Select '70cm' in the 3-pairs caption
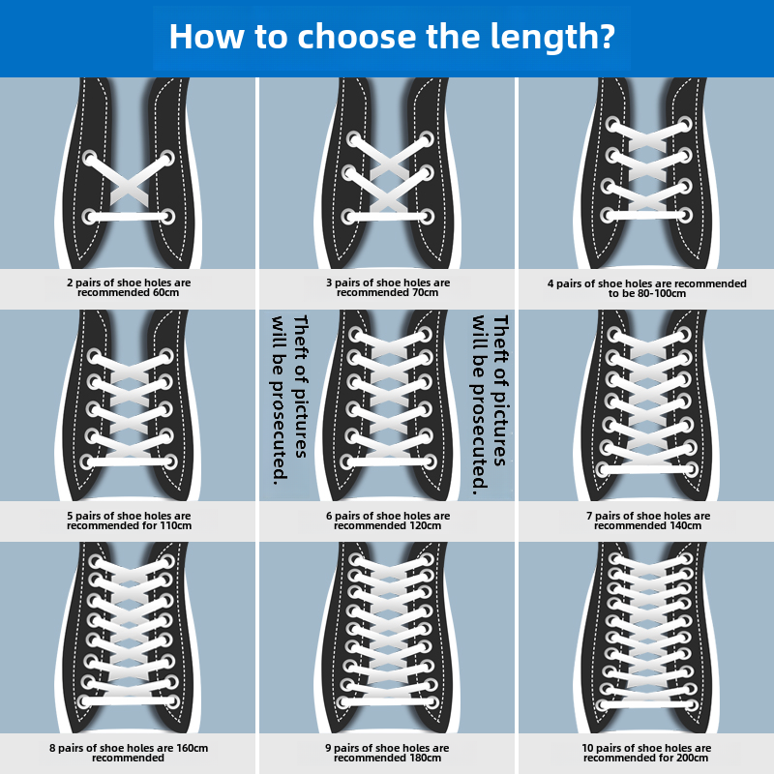tap(424, 292)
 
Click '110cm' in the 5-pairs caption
tap(176, 525)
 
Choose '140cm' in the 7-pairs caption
tap(684, 525)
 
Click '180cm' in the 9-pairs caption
tap(425, 758)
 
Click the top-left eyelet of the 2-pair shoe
tap(90, 158)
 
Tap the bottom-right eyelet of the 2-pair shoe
tap(167, 216)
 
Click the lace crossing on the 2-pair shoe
tap(129, 185)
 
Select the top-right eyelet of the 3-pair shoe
tap(425, 140)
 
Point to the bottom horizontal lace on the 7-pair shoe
tap(647, 469)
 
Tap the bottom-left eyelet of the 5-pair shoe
tap(91, 461)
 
